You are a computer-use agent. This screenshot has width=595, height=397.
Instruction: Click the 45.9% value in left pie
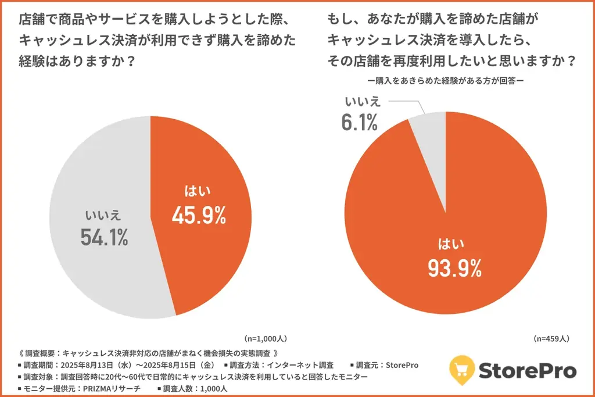[198, 216]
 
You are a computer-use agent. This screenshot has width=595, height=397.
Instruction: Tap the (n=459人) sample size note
[551, 338]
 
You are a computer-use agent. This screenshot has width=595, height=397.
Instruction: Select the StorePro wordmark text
[528, 370]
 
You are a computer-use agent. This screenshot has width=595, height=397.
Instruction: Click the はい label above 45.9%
[198, 191]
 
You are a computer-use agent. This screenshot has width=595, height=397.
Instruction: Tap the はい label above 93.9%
[455, 244]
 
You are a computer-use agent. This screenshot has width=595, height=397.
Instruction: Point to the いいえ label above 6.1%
[362, 102]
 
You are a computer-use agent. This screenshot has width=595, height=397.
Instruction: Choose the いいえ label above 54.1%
[103, 214]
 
